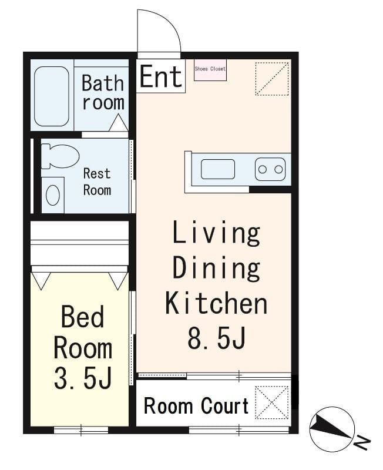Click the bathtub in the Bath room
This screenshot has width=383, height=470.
(x=52, y=96)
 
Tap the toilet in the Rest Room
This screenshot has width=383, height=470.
(x=60, y=156)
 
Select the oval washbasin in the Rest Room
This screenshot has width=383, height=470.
(x=53, y=195)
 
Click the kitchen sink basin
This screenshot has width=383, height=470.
(x=217, y=169)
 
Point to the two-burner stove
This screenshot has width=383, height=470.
(x=270, y=169)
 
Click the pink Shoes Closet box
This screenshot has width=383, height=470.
(x=210, y=70)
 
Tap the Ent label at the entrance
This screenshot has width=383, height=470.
(x=161, y=76)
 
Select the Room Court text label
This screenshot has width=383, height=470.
(x=196, y=406)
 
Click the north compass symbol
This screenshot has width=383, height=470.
(x=332, y=429)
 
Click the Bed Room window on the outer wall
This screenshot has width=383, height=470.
(x=81, y=430)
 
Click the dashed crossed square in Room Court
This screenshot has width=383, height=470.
(x=272, y=402)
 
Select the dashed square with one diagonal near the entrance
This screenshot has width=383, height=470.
(x=272, y=79)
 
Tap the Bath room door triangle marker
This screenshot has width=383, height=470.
(x=119, y=123)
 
